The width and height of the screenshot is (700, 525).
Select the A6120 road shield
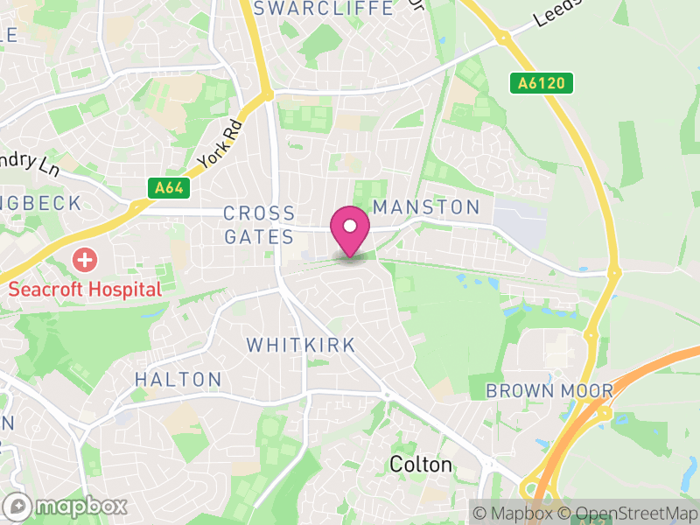click(542, 83)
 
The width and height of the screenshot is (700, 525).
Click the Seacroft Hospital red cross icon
click(85, 260)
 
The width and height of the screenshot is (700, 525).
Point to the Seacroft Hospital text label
click(85, 289)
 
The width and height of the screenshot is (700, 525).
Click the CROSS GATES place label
click(259, 225)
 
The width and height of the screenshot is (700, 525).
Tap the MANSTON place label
click(426, 207)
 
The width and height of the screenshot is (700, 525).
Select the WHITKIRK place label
click(301, 345)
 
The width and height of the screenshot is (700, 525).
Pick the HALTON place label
click(178, 379)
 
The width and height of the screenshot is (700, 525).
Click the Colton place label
click(421, 464)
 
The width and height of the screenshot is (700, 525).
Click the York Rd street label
click(219, 144)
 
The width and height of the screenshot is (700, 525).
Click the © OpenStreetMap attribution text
click(630, 513)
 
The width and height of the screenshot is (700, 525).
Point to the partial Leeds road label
click(553, 11)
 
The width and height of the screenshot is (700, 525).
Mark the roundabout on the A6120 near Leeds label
click(503, 38)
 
